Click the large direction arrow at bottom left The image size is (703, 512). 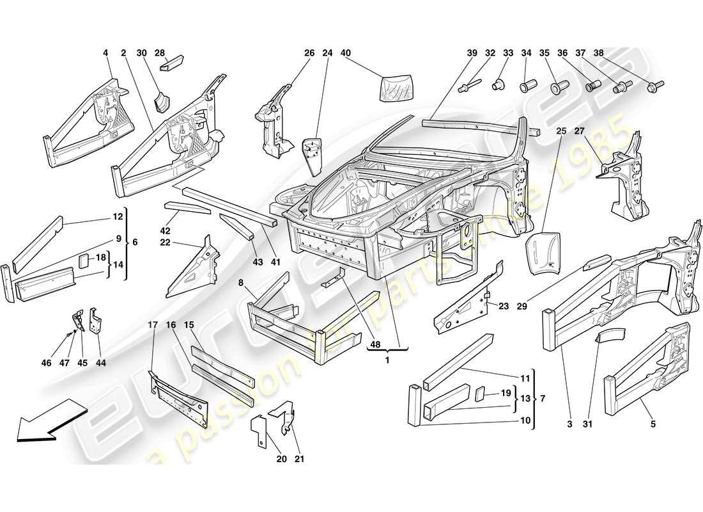pos(48,420)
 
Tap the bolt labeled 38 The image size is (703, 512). pos(656,84)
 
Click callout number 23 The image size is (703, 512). pos(504,306)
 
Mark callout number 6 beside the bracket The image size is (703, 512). pos(134,243)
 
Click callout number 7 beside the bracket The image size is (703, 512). pos(543,399)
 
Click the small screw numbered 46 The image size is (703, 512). pos(69,333)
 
